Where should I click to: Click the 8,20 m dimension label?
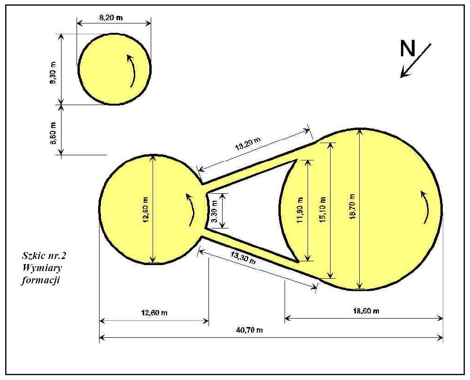111,18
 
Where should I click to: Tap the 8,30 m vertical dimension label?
53,72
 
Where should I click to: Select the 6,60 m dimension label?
53,133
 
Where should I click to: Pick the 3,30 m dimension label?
214,211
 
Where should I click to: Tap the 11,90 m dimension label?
300,210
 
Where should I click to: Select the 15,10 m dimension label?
323,210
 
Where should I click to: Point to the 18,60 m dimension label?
366,311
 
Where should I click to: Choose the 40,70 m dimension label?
250,330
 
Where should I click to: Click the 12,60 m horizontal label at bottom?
154,313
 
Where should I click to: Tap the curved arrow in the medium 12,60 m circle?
192,209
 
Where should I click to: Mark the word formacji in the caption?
40,281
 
